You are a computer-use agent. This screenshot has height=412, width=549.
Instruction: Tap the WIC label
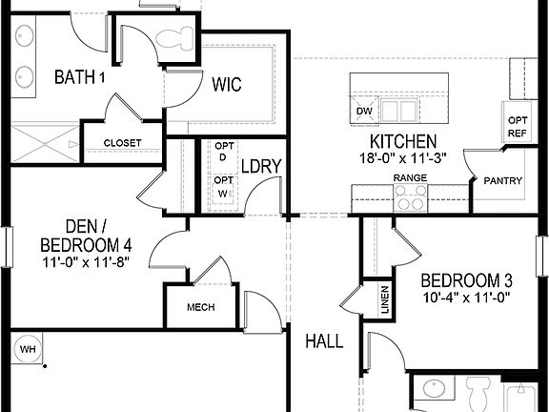pos(225,85)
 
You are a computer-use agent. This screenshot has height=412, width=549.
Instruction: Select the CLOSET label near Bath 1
pos(122,143)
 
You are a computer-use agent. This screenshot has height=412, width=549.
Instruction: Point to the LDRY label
pos(260,166)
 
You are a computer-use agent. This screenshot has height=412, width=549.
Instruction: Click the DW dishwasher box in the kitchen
pos(363,112)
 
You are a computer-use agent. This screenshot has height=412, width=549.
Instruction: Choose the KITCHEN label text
pos(390,141)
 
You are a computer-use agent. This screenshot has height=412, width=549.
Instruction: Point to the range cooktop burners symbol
pos(411,197)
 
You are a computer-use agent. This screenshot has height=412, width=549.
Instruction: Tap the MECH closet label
pos(200,307)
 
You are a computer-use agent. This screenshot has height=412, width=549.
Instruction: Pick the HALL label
pos(324,340)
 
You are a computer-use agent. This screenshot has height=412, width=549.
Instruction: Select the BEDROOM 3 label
pos(467,280)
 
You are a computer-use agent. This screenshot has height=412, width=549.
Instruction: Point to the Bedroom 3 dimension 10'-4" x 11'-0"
pos(467,298)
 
